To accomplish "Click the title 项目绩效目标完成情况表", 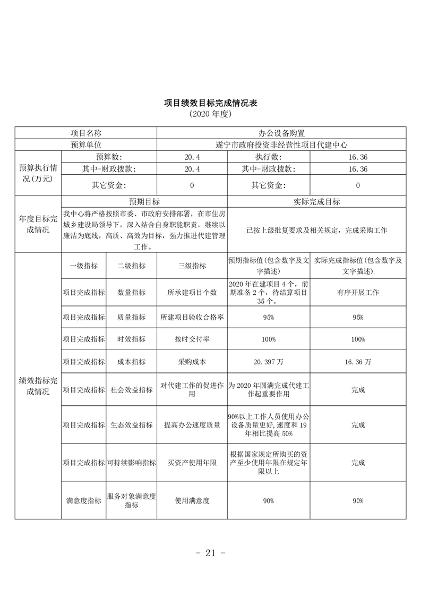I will [211, 103].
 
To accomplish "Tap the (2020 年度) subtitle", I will [210, 114].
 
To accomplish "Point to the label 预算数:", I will [109, 157].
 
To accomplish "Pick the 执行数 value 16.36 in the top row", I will [358, 157].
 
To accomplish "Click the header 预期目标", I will [144, 202].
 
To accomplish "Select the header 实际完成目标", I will [317, 202].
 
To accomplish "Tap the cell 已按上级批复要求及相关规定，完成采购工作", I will [317, 231].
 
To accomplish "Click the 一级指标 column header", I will [83, 266].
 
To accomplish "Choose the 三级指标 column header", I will [192, 266].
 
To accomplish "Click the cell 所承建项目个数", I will [192, 293].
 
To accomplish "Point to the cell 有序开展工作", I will [358, 293].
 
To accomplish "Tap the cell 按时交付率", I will [192, 339].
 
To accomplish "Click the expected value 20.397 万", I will [268, 362].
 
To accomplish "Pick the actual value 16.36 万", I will [358, 362].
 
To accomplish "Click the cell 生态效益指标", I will [131, 425].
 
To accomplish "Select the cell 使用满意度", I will [192, 500].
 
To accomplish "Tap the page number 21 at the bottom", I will [210, 553].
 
